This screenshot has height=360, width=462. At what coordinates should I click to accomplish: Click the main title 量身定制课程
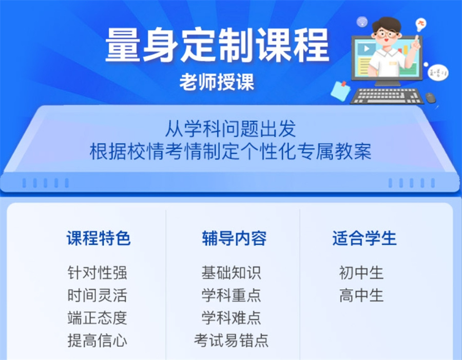pos(217,45)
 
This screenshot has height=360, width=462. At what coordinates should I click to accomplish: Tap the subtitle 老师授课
pos(217,82)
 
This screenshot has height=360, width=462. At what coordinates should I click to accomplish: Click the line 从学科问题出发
pos(230,128)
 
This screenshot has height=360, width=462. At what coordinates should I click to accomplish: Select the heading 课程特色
pos(99,238)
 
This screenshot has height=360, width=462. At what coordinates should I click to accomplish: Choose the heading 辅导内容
pos(234,238)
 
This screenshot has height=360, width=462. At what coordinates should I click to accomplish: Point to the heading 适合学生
pos(364,238)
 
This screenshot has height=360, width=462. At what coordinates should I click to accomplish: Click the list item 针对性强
pos(97,272)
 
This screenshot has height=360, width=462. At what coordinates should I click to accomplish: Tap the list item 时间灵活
pos(97,295)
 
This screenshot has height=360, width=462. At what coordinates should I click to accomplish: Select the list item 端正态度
pos(97,318)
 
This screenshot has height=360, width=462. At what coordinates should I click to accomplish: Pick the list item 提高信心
pos(97,341)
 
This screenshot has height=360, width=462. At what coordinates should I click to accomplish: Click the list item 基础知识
pos(231,272)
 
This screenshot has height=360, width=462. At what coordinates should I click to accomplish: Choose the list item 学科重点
pos(231,295)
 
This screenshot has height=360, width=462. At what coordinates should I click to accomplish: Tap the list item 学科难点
pos(231,318)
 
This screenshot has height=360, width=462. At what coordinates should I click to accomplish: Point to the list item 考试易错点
pos(231,341)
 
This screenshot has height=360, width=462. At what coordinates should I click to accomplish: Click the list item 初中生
pos(361,272)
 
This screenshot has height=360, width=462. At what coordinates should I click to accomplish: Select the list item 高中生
pos(361,295)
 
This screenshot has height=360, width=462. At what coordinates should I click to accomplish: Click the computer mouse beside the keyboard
pos(430,97)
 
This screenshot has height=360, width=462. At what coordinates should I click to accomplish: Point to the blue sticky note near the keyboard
pos(340,90)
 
